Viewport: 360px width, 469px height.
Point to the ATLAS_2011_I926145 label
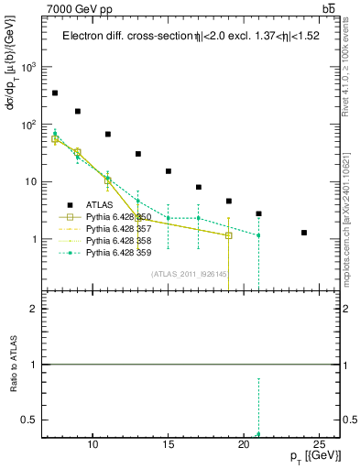point(191,273)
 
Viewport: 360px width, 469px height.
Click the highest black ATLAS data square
point(55,93)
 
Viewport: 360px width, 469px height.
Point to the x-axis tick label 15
point(168,444)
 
